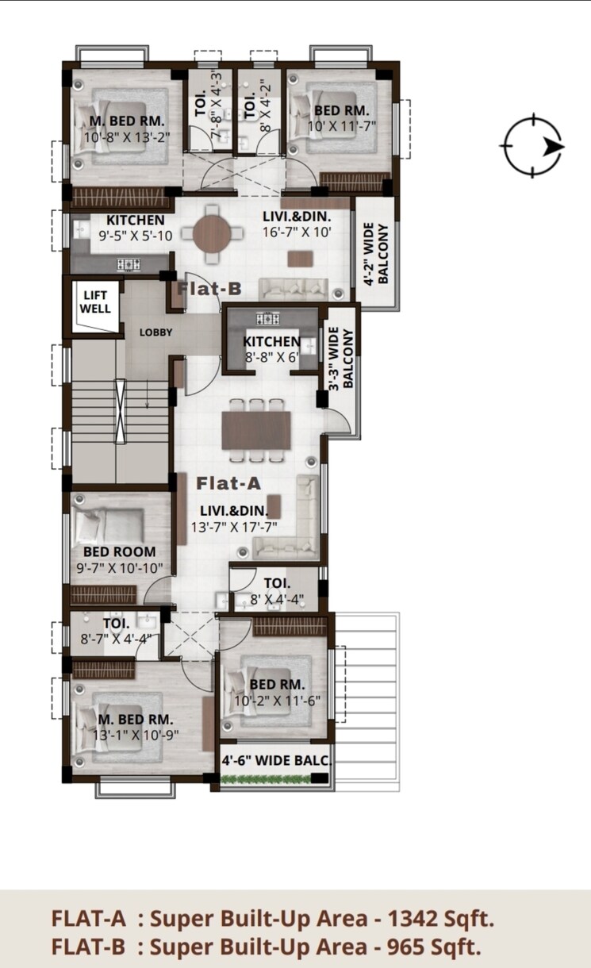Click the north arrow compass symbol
532,146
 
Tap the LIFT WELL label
97,302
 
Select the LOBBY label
155,332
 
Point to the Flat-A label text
229,482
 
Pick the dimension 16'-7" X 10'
297,232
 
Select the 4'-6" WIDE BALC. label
275,759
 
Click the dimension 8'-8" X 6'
271,357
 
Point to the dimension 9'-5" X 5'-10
136,236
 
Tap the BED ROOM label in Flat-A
119,552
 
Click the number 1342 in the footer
407,919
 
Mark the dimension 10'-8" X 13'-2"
126,136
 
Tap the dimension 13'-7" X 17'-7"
233,526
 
